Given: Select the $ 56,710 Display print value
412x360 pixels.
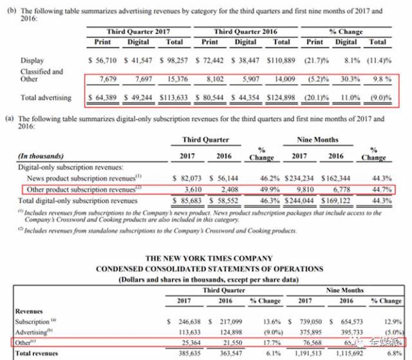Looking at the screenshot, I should [x=104, y=60].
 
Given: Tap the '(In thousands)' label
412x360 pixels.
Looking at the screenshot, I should [x=41, y=157].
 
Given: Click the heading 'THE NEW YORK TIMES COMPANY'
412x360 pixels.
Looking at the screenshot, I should [x=208, y=258].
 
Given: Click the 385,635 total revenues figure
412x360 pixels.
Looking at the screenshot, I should [x=188, y=353].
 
